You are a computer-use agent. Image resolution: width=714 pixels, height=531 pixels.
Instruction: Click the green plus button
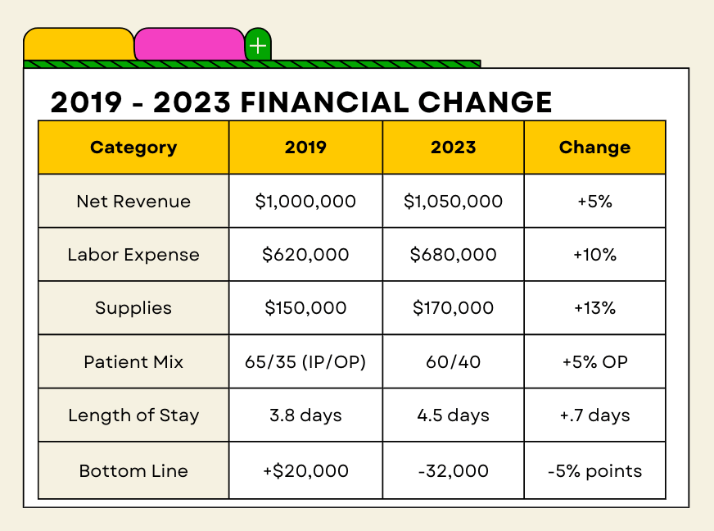tap(258, 45)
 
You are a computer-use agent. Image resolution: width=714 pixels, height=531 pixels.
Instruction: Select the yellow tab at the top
tap(79, 44)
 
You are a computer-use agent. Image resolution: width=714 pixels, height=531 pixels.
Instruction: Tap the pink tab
tap(189, 44)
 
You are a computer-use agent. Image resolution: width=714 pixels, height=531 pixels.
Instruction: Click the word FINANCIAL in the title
tap(323, 102)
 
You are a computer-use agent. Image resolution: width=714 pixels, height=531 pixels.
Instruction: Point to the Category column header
tap(133, 147)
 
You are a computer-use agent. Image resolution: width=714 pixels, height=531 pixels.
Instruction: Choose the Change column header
tap(594, 147)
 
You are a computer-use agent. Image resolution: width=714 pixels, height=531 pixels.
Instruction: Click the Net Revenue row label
tap(133, 201)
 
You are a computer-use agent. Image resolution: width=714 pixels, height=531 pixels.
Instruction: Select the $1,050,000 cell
tap(453, 201)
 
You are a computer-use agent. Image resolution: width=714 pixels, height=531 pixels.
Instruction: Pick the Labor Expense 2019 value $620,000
tap(305, 254)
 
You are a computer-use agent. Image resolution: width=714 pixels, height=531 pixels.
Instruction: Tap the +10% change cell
tap(594, 254)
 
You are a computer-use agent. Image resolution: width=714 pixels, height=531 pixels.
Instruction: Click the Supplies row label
tap(133, 308)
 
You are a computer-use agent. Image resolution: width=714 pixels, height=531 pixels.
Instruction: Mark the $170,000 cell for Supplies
tap(453, 307)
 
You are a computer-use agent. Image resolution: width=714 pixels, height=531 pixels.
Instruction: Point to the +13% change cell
tap(594, 307)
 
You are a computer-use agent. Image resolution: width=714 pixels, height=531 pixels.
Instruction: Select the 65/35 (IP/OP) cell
tap(305, 362)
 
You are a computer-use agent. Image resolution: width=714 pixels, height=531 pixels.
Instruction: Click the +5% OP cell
tap(594, 362)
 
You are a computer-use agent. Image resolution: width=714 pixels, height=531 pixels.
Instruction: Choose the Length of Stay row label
tap(133, 415)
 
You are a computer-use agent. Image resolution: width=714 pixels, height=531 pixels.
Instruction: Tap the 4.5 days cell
tap(453, 415)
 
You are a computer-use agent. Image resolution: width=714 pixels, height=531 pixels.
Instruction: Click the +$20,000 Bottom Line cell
tap(305, 470)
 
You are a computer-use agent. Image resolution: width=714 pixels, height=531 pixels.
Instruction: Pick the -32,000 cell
tap(453, 470)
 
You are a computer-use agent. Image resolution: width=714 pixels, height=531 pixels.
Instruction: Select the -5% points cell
tap(594, 471)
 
